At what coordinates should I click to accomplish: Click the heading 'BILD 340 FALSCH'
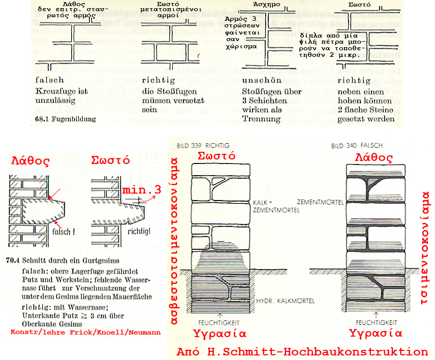click(x=351, y=145)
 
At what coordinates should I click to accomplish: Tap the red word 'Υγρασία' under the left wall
click(x=219, y=334)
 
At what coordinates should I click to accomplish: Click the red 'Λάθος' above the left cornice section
click(x=31, y=162)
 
